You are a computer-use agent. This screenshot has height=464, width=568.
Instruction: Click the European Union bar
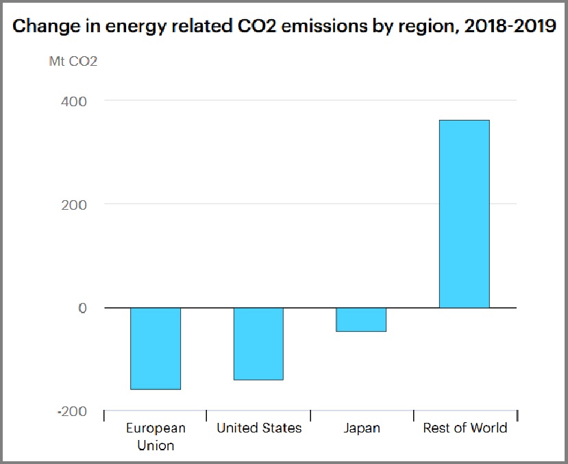[156, 348]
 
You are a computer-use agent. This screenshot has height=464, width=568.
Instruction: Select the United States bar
[258, 343]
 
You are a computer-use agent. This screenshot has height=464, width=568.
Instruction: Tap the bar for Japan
[361, 319]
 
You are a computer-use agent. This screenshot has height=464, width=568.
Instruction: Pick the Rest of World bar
[464, 214]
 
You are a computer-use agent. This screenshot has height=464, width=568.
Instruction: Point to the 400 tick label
[75, 101]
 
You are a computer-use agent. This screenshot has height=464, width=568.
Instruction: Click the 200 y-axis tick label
[75, 204]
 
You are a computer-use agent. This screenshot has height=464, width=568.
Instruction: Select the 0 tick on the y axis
[82, 308]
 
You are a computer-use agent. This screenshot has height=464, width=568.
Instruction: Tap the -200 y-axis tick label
[73, 411]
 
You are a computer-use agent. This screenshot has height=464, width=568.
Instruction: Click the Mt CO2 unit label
[73, 62]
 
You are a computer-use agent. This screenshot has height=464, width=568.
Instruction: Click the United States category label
[259, 428]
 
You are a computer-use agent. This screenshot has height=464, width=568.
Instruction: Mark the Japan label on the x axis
[361, 428]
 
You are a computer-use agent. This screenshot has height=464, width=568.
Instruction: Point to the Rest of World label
[465, 428]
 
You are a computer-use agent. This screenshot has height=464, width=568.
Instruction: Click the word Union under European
[156, 445]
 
